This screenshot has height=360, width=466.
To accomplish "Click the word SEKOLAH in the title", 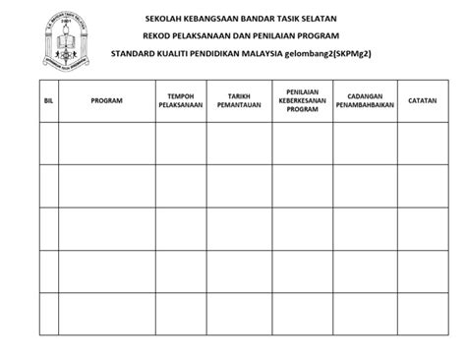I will point(164,19).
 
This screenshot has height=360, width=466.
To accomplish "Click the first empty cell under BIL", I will point(48,143).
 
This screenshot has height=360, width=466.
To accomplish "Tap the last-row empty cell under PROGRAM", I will point(106,314).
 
